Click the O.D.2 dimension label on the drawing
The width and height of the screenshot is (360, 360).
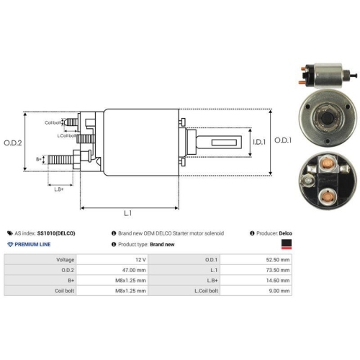tap(12, 142)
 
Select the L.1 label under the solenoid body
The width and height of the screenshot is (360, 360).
tap(127, 213)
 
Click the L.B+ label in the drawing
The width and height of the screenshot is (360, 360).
tap(59, 189)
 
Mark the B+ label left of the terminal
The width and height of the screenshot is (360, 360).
tap(38, 158)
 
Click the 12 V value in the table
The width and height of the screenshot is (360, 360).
tap(140, 258)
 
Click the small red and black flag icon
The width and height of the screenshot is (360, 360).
tap(287, 244)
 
